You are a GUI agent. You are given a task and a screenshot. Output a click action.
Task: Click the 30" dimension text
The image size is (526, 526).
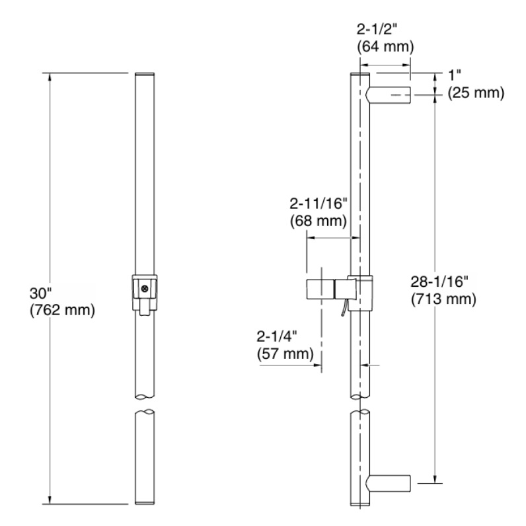pyautogui.click(x=40, y=293)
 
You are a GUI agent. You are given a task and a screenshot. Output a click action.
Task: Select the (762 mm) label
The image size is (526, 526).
pyautogui.click(x=62, y=310)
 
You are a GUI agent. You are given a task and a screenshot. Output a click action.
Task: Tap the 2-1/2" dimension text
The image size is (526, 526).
pyautogui.click(x=377, y=30)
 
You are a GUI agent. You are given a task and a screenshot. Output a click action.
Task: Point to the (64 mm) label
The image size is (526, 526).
pyautogui.click(x=385, y=46)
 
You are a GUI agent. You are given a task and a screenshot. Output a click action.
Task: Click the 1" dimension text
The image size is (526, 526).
pyautogui.click(x=455, y=75)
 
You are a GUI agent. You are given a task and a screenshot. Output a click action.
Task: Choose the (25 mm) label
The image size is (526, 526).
pyautogui.click(x=476, y=93)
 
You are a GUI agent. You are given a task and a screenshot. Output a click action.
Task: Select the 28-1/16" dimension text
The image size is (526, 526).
pyautogui.click(x=439, y=282)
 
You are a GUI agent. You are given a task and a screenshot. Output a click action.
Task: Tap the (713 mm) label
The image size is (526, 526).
pyautogui.click(x=443, y=299)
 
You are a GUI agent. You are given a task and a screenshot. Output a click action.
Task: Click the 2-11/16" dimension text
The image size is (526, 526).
pyautogui.click(x=319, y=204)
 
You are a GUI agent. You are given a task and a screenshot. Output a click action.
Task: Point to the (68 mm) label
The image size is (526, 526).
pyautogui.click(x=319, y=221)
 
